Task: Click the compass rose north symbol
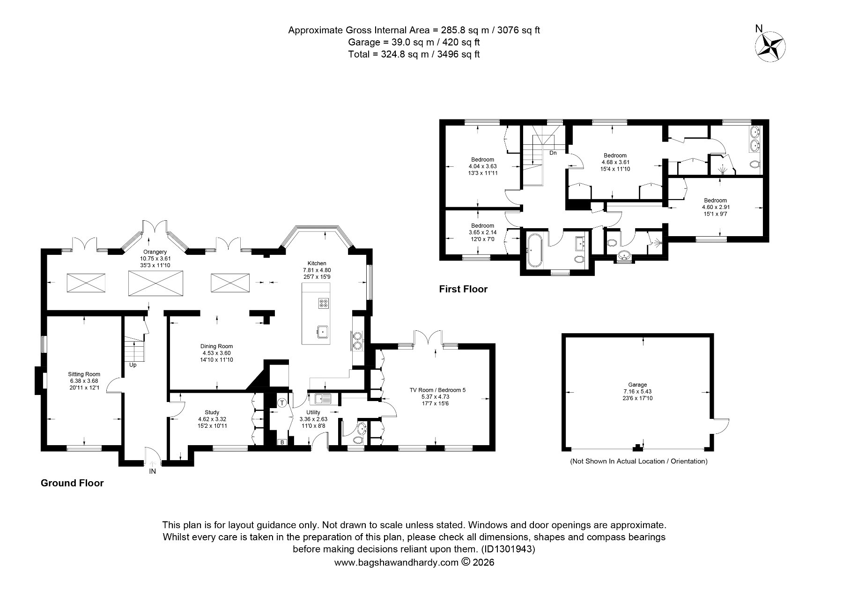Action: click(770, 45)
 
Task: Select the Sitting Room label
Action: click(84, 374)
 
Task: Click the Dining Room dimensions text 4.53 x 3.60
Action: click(217, 353)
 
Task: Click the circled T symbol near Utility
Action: click(282, 402)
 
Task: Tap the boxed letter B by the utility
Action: click(282, 442)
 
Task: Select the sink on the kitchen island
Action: click(323, 332)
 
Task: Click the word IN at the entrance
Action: click(152, 471)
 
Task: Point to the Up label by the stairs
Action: click(133, 365)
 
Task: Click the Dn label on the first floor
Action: click(553, 153)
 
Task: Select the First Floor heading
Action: click(463, 289)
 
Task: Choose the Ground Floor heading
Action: click(72, 483)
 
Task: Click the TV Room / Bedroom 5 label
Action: click(437, 390)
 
